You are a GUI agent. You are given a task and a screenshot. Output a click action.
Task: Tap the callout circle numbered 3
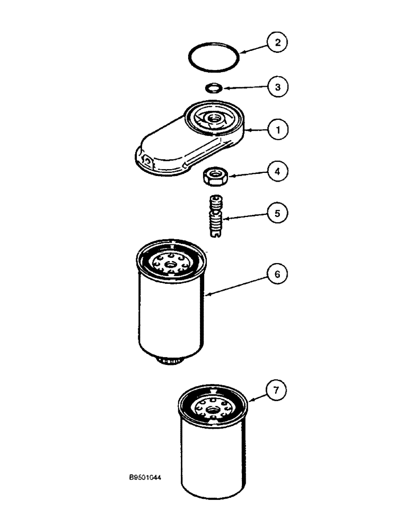277,87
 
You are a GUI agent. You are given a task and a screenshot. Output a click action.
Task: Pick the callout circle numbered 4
277,171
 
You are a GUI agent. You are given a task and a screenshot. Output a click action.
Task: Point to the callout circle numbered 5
277,213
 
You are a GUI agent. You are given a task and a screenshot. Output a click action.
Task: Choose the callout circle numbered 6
277,275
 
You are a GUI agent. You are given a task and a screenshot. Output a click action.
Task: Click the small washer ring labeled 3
212,87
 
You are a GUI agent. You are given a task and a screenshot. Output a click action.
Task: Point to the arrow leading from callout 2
253,50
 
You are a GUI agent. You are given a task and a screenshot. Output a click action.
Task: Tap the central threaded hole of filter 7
211,413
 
